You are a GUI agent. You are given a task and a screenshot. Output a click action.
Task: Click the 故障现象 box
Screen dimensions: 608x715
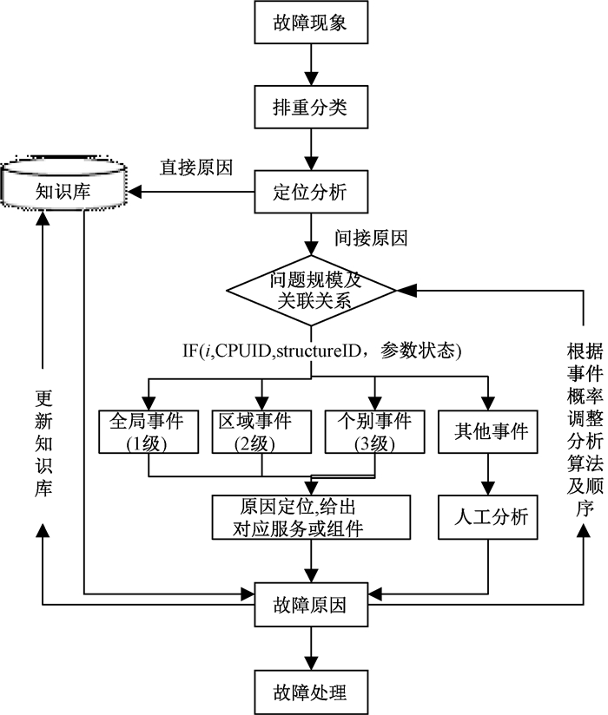[311, 23]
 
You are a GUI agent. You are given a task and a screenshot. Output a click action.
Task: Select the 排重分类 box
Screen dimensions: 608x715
[311, 107]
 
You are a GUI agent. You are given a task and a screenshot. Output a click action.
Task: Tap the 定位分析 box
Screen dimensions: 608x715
[311, 192]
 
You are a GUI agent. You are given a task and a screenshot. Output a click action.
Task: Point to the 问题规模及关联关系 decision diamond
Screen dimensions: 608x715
[311, 290]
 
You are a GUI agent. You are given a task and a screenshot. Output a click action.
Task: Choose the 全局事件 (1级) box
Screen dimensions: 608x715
[149, 432]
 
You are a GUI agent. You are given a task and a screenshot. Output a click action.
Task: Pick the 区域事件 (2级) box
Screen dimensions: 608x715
[261, 432]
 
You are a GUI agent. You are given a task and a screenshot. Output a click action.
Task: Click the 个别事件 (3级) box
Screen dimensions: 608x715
[374, 432]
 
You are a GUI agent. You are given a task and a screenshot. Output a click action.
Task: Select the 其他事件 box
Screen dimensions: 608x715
[488, 432]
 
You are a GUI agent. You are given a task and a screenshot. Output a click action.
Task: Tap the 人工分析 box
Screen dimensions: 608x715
[488, 517]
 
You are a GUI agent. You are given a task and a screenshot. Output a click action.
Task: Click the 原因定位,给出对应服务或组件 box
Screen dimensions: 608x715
[311, 517]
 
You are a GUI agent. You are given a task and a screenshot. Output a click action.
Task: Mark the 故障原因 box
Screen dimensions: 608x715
[311, 605]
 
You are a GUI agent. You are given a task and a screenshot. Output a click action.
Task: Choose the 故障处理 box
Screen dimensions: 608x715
[311, 692]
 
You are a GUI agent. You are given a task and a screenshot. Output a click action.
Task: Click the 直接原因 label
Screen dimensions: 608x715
[196, 167]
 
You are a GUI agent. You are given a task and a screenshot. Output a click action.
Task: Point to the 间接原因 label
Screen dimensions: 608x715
[371, 238]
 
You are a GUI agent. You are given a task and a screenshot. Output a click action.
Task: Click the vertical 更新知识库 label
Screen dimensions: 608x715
[43, 443]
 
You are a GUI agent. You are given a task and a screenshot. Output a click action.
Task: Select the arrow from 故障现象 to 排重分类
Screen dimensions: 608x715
[311, 65]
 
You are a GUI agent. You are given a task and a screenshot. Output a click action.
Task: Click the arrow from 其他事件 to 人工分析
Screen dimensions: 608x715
[488, 475]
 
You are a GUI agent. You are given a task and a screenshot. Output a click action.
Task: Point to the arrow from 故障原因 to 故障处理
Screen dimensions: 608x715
[311, 648]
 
